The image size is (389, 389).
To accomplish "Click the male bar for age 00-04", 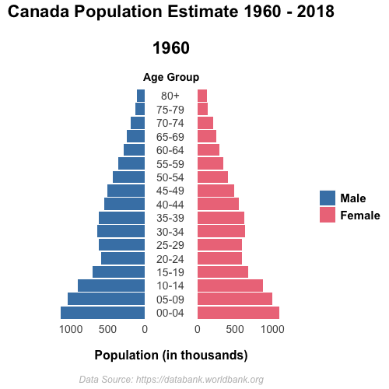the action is click(x=103, y=313).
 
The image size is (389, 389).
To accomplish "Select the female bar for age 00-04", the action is click(x=238, y=313).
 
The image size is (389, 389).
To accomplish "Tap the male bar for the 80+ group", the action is click(x=141, y=96).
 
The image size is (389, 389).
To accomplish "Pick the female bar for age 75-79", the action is click(x=202, y=109).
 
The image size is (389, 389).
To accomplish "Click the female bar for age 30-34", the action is click(x=221, y=231).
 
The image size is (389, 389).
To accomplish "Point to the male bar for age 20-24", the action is click(x=123, y=258).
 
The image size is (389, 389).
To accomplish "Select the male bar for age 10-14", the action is click(x=111, y=286).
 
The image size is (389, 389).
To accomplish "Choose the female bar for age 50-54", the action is click(x=212, y=177).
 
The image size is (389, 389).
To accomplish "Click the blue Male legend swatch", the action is click(x=328, y=198).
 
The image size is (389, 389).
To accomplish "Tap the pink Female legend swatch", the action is click(x=328, y=215).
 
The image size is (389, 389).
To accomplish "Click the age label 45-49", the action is click(x=170, y=191).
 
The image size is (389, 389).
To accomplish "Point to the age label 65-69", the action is click(x=170, y=137).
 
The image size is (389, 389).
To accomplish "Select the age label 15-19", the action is click(x=170, y=272).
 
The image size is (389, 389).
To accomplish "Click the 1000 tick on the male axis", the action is click(x=71, y=329).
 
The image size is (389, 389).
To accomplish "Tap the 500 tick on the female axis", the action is click(x=235, y=329).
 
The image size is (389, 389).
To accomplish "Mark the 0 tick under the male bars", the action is click(x=145, y=329).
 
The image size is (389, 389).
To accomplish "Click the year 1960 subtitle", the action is click(x=171, y=48).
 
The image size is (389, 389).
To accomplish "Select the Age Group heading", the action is click(x=171, y=77).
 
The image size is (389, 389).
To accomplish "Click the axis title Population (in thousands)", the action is click(x=171, y=356).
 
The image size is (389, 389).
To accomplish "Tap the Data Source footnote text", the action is click(x=171, y=380).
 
